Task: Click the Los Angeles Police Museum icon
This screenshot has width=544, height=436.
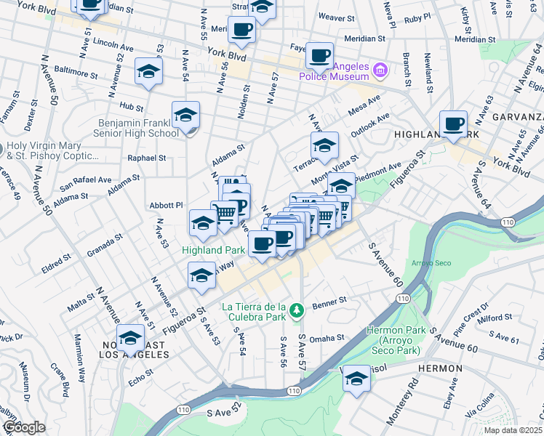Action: pos(380,71)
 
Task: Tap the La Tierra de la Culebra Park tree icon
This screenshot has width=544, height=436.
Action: pos(296,311)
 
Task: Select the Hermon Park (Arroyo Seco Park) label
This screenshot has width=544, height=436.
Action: pos(394,340)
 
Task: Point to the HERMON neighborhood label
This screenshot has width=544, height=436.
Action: pos(440,368)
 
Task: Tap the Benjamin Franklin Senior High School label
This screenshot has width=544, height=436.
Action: pos(136,128)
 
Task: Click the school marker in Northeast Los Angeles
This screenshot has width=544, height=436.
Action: pos(130,339)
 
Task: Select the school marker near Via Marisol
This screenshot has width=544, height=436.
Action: pos(356,379)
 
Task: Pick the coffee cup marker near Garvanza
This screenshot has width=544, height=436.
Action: pos(454,124)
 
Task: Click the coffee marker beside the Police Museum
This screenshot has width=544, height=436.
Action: pos(319,55)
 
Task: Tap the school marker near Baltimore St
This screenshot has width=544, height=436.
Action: pos(148,73)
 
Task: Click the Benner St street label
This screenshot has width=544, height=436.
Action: pos(327,306)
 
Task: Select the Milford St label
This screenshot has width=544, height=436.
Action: pos(495,318)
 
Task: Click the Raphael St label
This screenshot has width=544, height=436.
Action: pos(147,158)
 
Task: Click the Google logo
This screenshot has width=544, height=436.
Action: pos(23,427)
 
